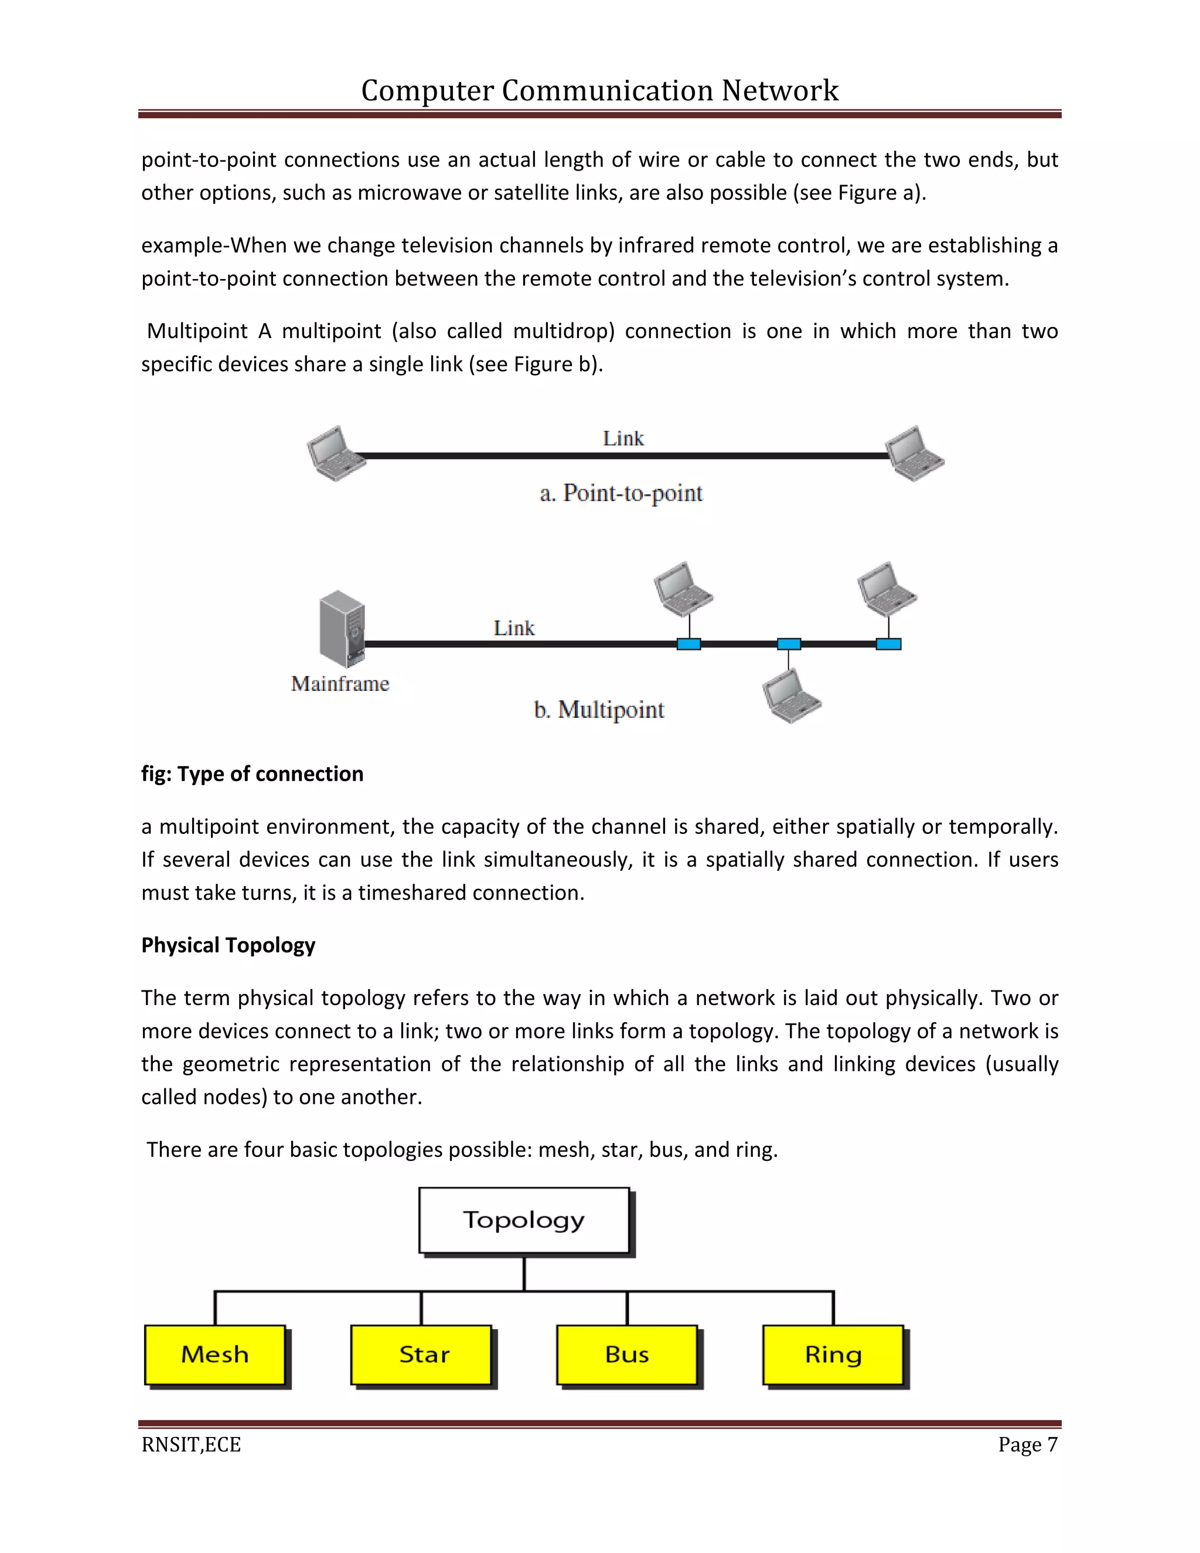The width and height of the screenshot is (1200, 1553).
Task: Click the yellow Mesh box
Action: [x=214, y=1354]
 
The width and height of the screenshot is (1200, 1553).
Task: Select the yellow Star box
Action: [x=421, y=1354]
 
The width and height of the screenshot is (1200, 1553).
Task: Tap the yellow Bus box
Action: [x=626, y=1354]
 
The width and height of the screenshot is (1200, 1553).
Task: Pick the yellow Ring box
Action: [x=833, y=1354]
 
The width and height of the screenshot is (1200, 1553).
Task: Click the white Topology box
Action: [x=524, y=1220]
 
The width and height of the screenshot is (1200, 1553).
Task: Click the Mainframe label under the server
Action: [x=340, y=683]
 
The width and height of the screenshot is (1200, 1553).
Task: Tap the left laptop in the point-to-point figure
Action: [x=336, y=454]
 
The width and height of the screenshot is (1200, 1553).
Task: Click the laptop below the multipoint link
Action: [x=790, y=697]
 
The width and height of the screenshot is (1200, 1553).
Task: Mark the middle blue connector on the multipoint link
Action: [x=789, y=644]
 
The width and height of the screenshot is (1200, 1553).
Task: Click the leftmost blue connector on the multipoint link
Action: [x=688, y=644]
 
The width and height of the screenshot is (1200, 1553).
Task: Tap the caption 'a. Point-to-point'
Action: [x=621, y=493]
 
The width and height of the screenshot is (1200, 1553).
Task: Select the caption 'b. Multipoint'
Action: [x=599, y=710]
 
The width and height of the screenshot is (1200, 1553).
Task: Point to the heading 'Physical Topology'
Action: [x=228, y=945]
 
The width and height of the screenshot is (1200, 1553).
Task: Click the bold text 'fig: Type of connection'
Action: [x=253, y=774]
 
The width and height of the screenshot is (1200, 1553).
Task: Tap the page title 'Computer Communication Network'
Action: [x=599, y=90]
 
